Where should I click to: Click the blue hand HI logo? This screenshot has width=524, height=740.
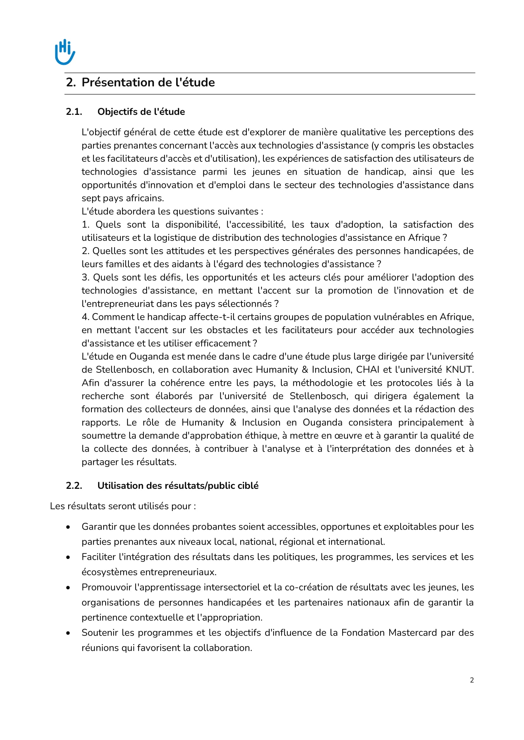[65, 52]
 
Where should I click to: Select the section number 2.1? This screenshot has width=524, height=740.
[74, 112]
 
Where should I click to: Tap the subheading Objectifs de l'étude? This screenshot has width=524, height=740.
[141, 112]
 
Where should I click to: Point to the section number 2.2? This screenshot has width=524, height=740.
[74, 486]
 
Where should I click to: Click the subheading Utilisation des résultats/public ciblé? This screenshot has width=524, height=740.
[178, 486]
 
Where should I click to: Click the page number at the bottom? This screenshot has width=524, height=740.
[472, 680]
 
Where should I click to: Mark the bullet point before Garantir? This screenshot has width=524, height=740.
[68, 527]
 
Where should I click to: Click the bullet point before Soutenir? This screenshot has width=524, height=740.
[68, 633]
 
